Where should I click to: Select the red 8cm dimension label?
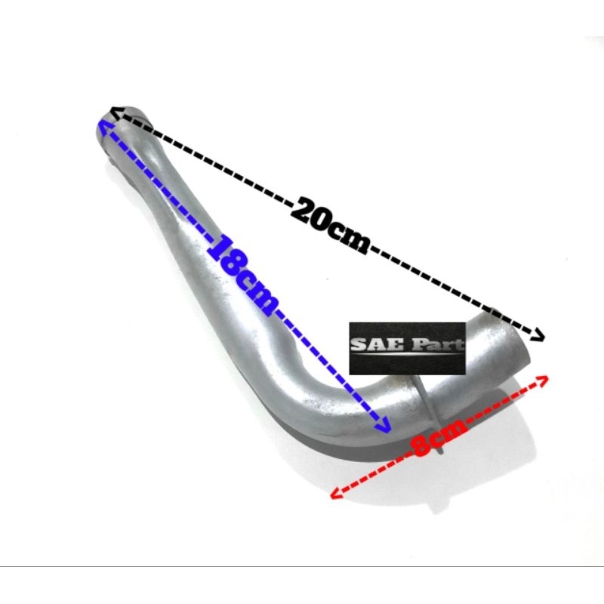439,439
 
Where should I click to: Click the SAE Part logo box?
407,349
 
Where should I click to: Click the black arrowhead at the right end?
538,335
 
